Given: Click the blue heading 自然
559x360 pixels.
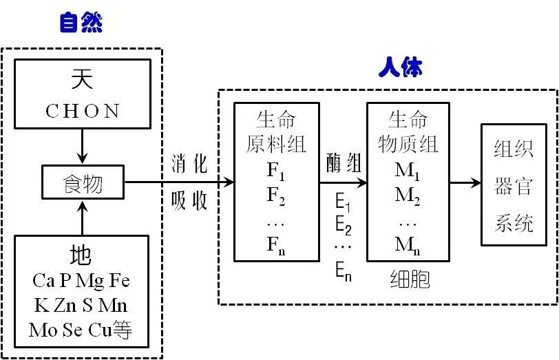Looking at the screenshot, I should click(x=81, y=24).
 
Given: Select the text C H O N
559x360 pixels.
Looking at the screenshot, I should click(x=82, y=112).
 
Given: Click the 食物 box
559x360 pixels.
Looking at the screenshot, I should click(x=82, y=183).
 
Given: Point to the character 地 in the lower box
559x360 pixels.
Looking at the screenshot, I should click(x=81, y=256).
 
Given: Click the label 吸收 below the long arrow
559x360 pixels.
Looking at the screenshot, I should click(x=189, y=202).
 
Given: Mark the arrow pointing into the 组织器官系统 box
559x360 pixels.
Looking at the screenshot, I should click(x=465, y=184).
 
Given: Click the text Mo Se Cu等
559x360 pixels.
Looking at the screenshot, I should click(x=81, y=330).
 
